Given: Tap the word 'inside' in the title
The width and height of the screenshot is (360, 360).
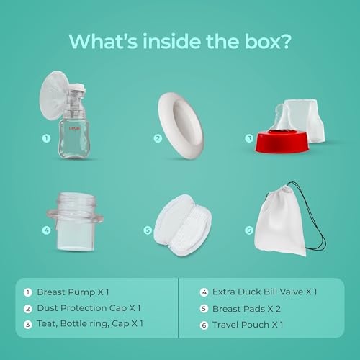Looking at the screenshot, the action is click(172, 41).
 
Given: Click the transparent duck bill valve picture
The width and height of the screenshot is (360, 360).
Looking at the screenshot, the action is click(75, 222).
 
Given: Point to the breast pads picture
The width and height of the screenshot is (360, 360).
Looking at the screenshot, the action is click(183, 225).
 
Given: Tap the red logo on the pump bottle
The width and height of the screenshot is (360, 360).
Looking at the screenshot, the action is click(75, 128).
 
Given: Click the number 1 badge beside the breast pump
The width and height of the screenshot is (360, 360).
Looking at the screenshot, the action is click(46, 138).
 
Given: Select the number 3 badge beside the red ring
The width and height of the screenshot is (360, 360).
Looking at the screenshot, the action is click(249, 138).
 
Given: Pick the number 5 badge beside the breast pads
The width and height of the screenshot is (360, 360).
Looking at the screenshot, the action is click(148, 230).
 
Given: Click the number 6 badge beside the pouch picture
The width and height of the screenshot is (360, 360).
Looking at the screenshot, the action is click(249, 230).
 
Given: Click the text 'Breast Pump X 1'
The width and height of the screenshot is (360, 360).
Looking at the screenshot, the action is click(73, 292).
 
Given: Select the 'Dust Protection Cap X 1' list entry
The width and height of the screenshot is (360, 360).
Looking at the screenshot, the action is click(89, 308).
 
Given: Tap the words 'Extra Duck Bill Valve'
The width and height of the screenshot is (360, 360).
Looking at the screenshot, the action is click(258, 292).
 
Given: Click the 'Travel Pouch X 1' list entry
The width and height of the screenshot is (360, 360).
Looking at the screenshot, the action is click(248, 325).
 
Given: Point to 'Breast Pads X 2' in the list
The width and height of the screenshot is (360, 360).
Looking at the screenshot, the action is click(246, 309).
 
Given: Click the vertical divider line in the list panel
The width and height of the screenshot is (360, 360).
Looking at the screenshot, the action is click(179, 308).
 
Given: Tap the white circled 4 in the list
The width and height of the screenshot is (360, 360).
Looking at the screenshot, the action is click(204, 292).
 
